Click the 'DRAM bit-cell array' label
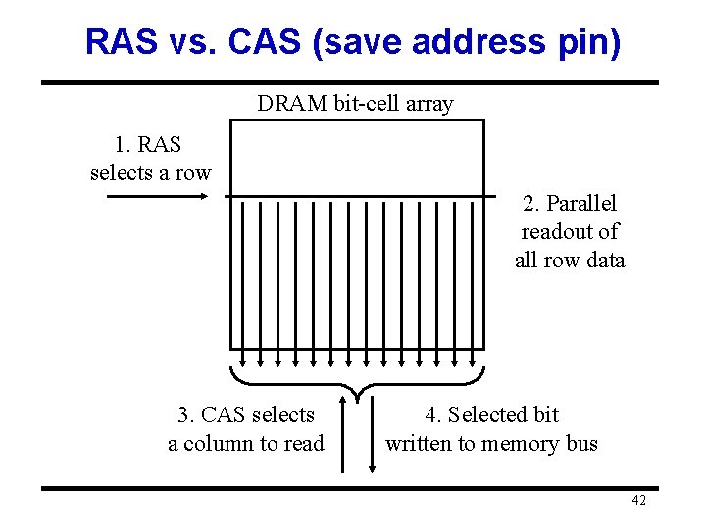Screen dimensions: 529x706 (355, 103)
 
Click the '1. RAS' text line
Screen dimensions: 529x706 (148, 145)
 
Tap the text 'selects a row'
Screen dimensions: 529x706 (150, 173)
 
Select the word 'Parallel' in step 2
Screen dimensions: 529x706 (581, 204)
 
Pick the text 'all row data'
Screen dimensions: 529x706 (570, 261)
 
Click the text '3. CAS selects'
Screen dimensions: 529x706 (246, 415)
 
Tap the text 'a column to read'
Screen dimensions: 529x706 (246, 444)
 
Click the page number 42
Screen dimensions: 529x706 (638, 501)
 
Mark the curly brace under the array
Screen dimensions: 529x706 (357, 384)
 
